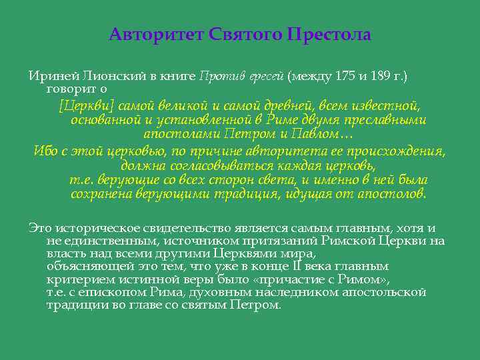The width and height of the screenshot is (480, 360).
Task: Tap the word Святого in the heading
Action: click(246, 34)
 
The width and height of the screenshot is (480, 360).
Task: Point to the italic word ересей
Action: click(267, 76)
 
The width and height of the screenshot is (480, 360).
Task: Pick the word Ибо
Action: click(44, 151)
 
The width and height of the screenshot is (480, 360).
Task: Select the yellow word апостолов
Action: click(394, 194)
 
